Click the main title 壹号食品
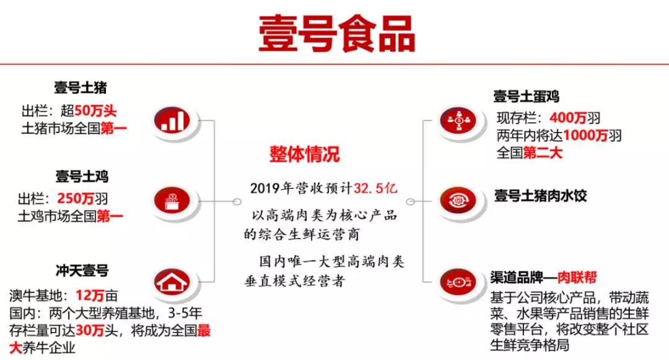click(336, 34)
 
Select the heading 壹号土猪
click(80, 87)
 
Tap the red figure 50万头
click(95, 111)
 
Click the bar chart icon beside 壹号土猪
click(172, 120)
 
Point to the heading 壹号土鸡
click(82, 176)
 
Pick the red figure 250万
click(76, 198)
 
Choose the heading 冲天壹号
click(82, 270)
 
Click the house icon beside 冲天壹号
click(172, 282)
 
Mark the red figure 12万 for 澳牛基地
click(90, 295)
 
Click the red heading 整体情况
click(305, 154)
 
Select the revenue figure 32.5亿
click(375, 188)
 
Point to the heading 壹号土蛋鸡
click(526, 97)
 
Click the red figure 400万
click(568, 118)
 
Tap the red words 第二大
click(543, 152)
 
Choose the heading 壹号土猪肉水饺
click(541, 196)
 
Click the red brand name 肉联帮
click(577, 278)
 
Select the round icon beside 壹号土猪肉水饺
click(458, 200)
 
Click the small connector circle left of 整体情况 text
click(237, 202)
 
